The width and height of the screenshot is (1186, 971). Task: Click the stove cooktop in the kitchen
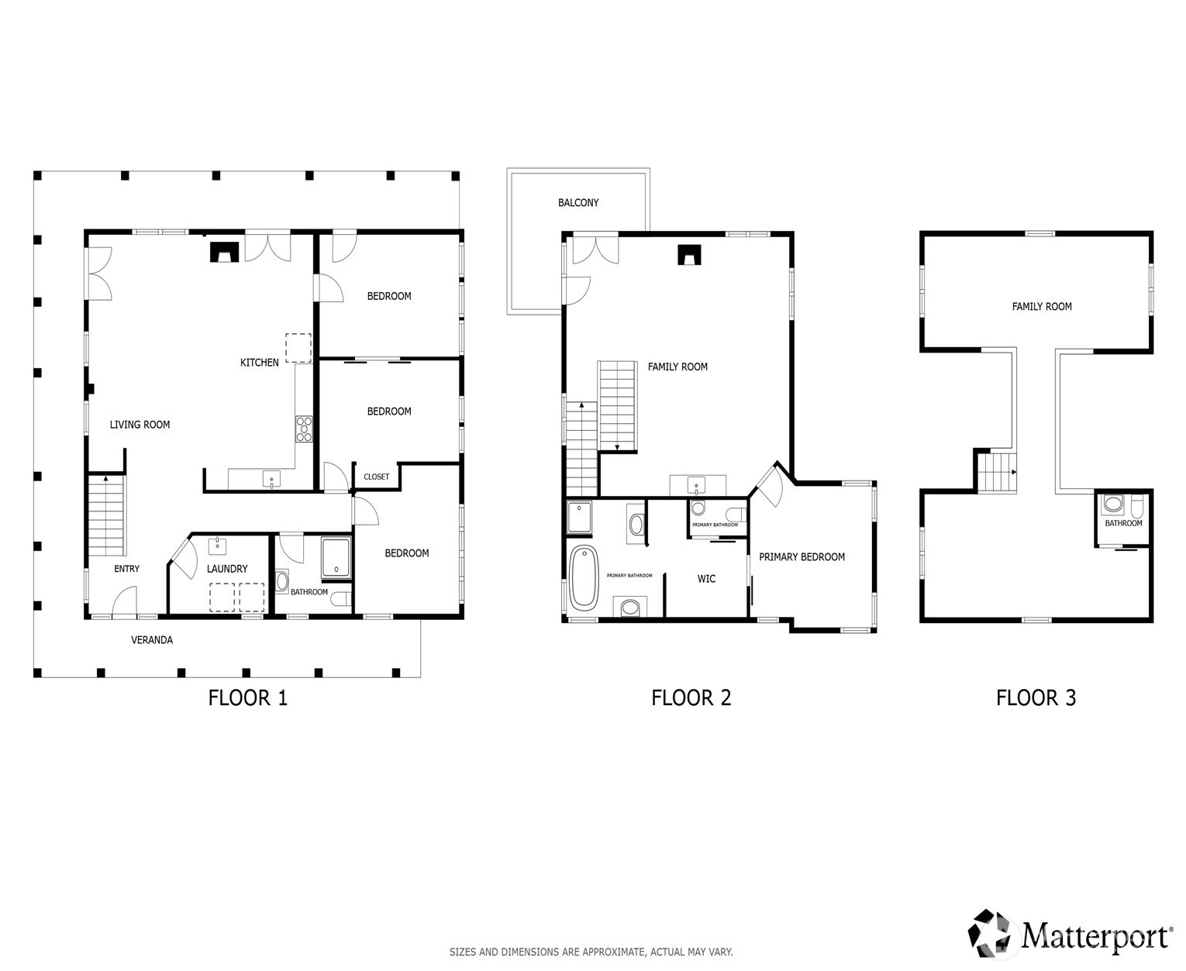click(303, 429)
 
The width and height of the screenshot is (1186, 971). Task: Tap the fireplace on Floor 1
click(225, 253)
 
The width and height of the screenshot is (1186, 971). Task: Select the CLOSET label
click(377, 477)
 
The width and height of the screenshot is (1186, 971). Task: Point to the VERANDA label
click(152, 640)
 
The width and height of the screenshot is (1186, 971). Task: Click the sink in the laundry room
click(218, 546)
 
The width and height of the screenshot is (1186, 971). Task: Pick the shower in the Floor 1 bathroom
click(336, 558)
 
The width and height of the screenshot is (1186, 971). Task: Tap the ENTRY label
click(127, 569)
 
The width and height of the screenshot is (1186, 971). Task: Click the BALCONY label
click(578, 203)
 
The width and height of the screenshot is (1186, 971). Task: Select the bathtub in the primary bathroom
click(584, 577)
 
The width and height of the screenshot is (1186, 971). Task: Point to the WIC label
click(706, 579)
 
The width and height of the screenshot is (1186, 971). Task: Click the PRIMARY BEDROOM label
click(802, 557)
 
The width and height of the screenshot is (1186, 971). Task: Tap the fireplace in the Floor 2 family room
click(689, 255)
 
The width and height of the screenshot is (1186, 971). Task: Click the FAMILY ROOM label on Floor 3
click(1041, 307)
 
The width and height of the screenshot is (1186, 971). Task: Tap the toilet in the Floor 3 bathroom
click(1136, 506)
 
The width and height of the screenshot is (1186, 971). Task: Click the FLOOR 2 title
click(691, 698)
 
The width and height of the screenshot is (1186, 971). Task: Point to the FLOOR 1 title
click(248, 698)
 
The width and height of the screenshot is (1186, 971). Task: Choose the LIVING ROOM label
click(140, 425)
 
